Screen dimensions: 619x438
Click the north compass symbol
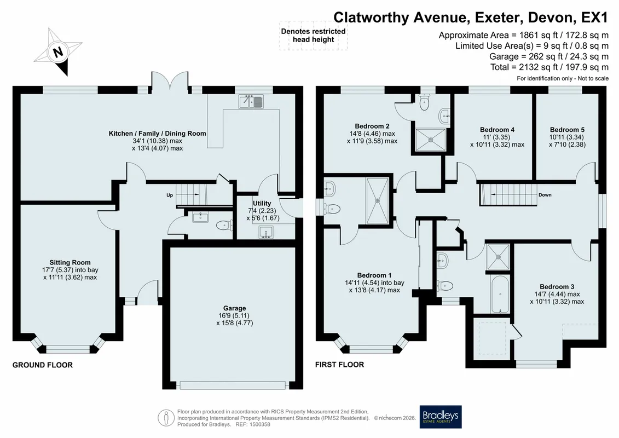coord(58,51)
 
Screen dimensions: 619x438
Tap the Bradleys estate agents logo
coord(440,417)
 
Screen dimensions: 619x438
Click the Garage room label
coord(234,308)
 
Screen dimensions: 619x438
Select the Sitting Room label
coord(70,262)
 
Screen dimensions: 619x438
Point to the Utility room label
coord(262,203)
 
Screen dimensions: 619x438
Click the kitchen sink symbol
coord(251,102)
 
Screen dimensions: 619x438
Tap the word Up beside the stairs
coord(170,195)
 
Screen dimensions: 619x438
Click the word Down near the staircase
coord(545,195)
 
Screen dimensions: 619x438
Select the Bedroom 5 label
coord(567,130)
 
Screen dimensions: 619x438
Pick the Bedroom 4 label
coord(497,130)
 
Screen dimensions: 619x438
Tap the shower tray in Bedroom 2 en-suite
coord(430,139)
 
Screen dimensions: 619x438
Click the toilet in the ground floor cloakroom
coord(224,226)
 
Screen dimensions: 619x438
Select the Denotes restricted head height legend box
coord(314,36)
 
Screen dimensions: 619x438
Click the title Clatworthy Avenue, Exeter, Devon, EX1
coord(471,18)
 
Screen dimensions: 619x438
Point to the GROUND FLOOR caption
coord(43,365)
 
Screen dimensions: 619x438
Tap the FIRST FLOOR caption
coord(339,365)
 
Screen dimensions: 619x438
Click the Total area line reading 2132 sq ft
coord(549,67)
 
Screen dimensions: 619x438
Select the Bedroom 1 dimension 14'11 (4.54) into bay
coord(374,283)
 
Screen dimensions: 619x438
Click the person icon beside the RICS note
coord(166,418)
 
